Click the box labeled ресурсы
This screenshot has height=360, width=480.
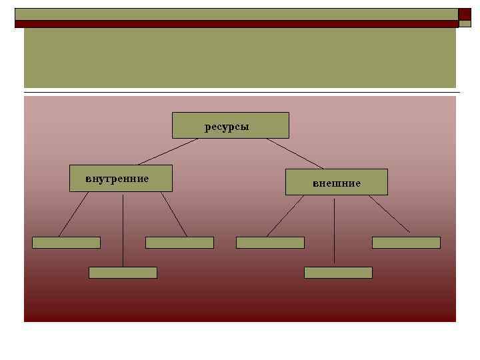click(230, 125)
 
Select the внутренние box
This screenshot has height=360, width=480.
click(121, 178)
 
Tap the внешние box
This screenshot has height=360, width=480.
click(336, 182)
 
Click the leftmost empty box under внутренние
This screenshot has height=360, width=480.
click(66, 243)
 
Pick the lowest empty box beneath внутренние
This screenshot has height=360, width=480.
click(123, 273)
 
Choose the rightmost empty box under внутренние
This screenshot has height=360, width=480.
click(179, 243)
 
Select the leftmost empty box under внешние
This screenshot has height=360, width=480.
click(270, 243)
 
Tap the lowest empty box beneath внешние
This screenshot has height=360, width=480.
click(338, 273)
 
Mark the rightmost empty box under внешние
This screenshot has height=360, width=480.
click(406, 243)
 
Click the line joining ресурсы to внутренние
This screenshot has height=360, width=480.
click(170, 151)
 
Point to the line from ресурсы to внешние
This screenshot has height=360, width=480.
click(295, 153)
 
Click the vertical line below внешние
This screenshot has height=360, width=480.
click(334, 230)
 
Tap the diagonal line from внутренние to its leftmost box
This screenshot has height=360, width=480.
click(73, 214)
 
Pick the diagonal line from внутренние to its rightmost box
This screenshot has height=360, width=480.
click(173, 214)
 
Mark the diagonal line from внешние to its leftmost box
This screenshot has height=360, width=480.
click(285, 216)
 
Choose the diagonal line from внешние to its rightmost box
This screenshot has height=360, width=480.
click(389, 213)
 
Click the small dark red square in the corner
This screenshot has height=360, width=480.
click(465, 13)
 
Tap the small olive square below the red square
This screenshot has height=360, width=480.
click(465, 23)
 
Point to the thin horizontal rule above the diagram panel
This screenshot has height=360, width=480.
click(240, 91)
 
